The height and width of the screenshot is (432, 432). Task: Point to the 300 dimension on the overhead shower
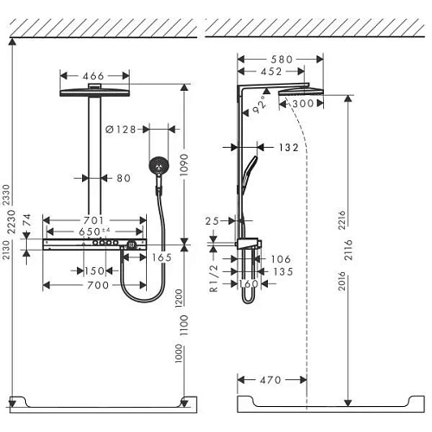[302, 104]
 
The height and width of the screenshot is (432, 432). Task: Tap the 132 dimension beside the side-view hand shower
[289, 149]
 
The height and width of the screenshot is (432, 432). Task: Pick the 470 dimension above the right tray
[270, 378]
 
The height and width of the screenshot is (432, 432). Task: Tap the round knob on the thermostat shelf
[130, 246]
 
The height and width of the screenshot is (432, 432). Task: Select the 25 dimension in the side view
[213, 222]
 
